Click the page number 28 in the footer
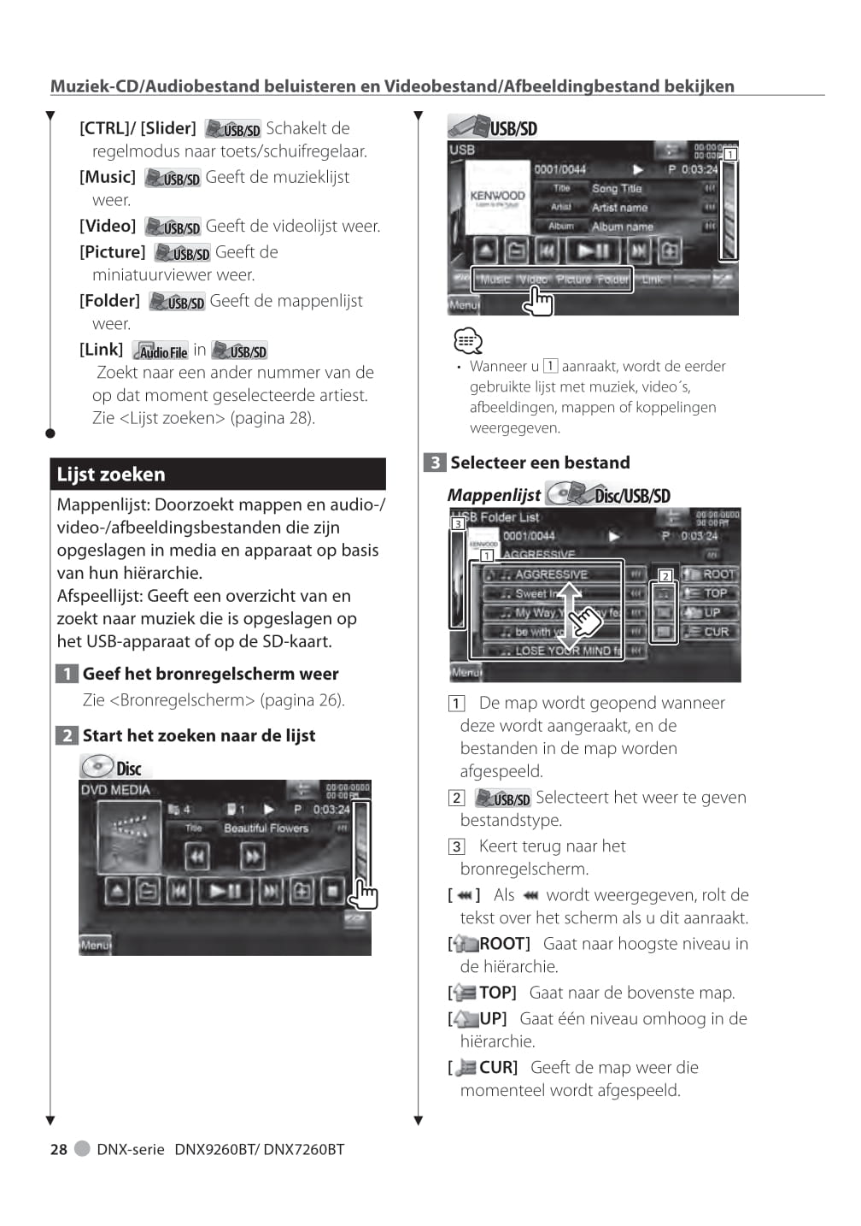click(x=58, y=1149)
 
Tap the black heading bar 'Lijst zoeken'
click(x=218, y=474)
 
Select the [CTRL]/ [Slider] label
click(x=138, y=128)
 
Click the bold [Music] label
click(x=108, y=177)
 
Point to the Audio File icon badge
click(x=161, y=351)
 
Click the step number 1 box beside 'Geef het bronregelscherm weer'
click(x=67, y=674)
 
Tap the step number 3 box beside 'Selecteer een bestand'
click(x=435, y=463)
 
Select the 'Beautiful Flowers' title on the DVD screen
click(x=266, y=828)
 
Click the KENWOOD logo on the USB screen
click(x=497, y=196)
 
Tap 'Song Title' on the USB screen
click(x=616, y=188)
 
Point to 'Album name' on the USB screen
click(x=622, y=227)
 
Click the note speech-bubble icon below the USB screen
click(x=467, y=341)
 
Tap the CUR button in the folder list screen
click(x=711, y=632)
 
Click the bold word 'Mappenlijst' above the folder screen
click(x=494, y=495)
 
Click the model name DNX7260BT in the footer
click(x=303, y=1149)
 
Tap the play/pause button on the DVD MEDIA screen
click(x=225, y=891)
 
